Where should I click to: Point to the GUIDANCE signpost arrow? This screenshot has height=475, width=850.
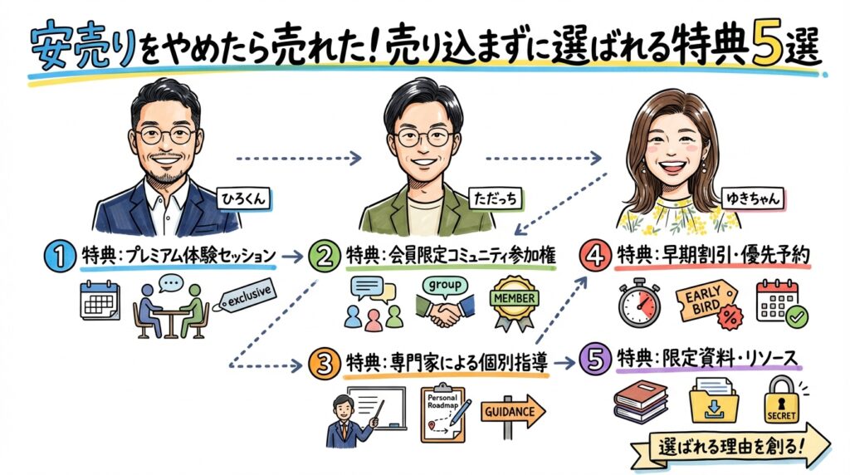point(512,411)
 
